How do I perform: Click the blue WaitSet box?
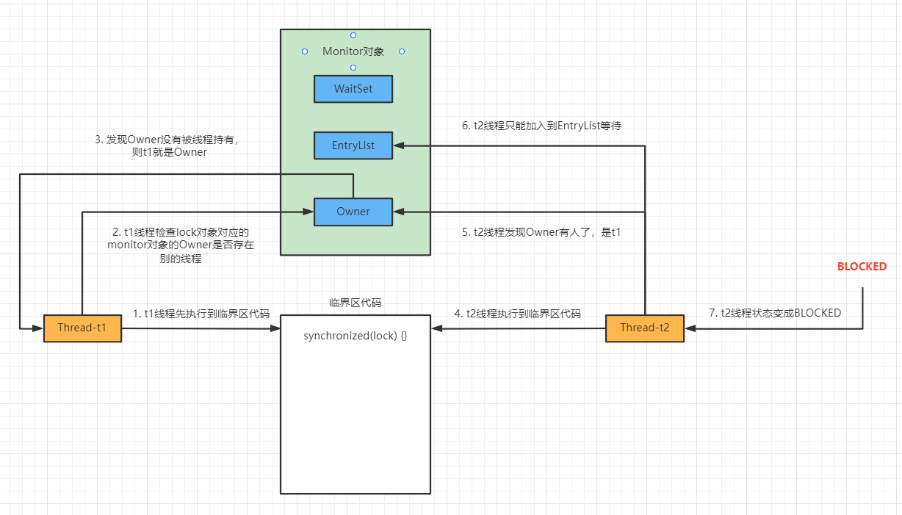click(x=353, y=89)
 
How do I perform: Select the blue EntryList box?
click(x=353, y=145)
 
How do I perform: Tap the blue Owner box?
click(x=353, y=212)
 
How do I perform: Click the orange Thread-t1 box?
click(x=82, y=328)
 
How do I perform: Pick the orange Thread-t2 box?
click(x=644, y=328)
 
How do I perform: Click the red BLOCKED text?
click(x=862, y=267)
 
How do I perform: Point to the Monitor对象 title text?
click(x=353, y=51)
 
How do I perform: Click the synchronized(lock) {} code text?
click(x=356, y=336)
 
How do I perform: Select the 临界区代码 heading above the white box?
click(x=356, y=303)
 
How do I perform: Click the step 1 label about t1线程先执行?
click(x=201, y=314)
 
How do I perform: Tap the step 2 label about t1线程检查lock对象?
click(x=181, y=245)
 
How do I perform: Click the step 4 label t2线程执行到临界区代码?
click(x=517, y=314)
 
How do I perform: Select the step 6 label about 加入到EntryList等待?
click(x=541, y=126)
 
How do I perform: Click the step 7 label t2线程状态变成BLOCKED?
click(x=775, y=313)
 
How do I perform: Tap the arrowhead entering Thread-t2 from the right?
click(x=689, y=328)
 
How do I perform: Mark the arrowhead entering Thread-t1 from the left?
click(x=38, y=328)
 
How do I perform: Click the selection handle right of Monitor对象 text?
click(x=402, y=51)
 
